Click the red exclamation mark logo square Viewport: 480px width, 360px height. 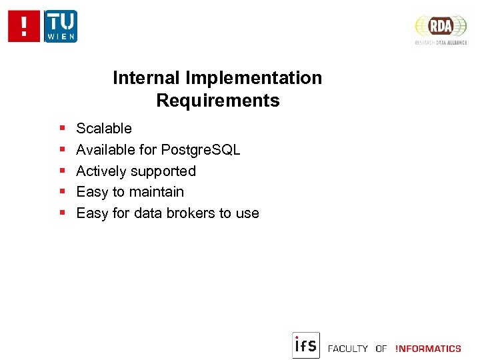(25, 27)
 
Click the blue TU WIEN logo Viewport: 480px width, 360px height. (61, 27)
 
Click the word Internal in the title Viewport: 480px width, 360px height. (146, 78)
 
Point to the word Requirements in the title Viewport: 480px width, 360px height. (218, 101)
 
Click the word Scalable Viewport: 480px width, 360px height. (104, 128)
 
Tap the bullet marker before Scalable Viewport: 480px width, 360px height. (61, 128)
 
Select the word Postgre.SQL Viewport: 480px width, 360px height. (201, 150)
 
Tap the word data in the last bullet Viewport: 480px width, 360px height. (147, 213)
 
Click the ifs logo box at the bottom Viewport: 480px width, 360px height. (306, 345)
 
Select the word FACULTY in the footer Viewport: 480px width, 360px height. (348, 349)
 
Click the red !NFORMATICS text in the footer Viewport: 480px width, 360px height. (428, 349)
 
